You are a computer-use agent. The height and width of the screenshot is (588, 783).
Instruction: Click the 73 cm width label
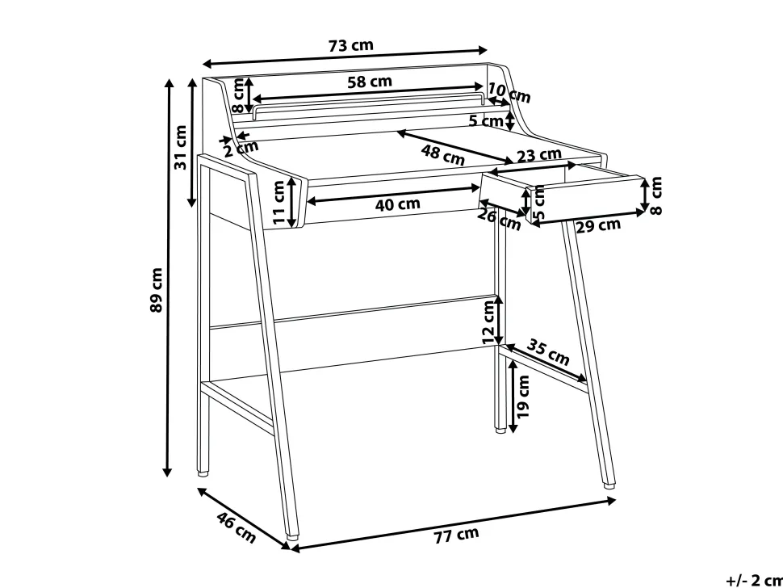tap(350, 45)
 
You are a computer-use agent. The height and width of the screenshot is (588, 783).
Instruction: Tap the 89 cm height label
tap(157, 290)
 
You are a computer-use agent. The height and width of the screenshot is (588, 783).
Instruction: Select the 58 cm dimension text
tap(370, 82)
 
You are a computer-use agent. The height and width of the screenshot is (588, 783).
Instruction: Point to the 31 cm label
tap(180, 147)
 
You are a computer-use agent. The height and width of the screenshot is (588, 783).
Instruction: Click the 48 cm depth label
tap(443, 154)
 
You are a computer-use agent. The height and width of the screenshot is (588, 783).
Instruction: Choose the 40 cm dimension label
tap(397, 204)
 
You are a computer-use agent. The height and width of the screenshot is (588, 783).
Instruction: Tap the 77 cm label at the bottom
tap(456, 535)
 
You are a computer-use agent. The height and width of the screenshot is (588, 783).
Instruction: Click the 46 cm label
tap(237, 527)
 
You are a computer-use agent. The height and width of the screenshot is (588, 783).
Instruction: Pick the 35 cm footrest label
tap(548, 352)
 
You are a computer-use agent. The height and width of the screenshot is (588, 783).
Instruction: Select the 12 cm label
tap(489, 323)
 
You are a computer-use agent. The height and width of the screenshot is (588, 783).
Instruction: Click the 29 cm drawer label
tap(598, 226)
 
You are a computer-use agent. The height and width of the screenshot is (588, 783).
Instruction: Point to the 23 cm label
tap(538, 155)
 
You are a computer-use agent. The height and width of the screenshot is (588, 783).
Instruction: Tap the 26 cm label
tap(500, 219)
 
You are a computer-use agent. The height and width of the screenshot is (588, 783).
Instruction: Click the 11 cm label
tap(279, 202)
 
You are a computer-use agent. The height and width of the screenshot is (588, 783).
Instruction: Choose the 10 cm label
tap(509, 92)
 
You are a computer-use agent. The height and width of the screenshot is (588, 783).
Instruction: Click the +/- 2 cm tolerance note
tap(755, 581)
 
